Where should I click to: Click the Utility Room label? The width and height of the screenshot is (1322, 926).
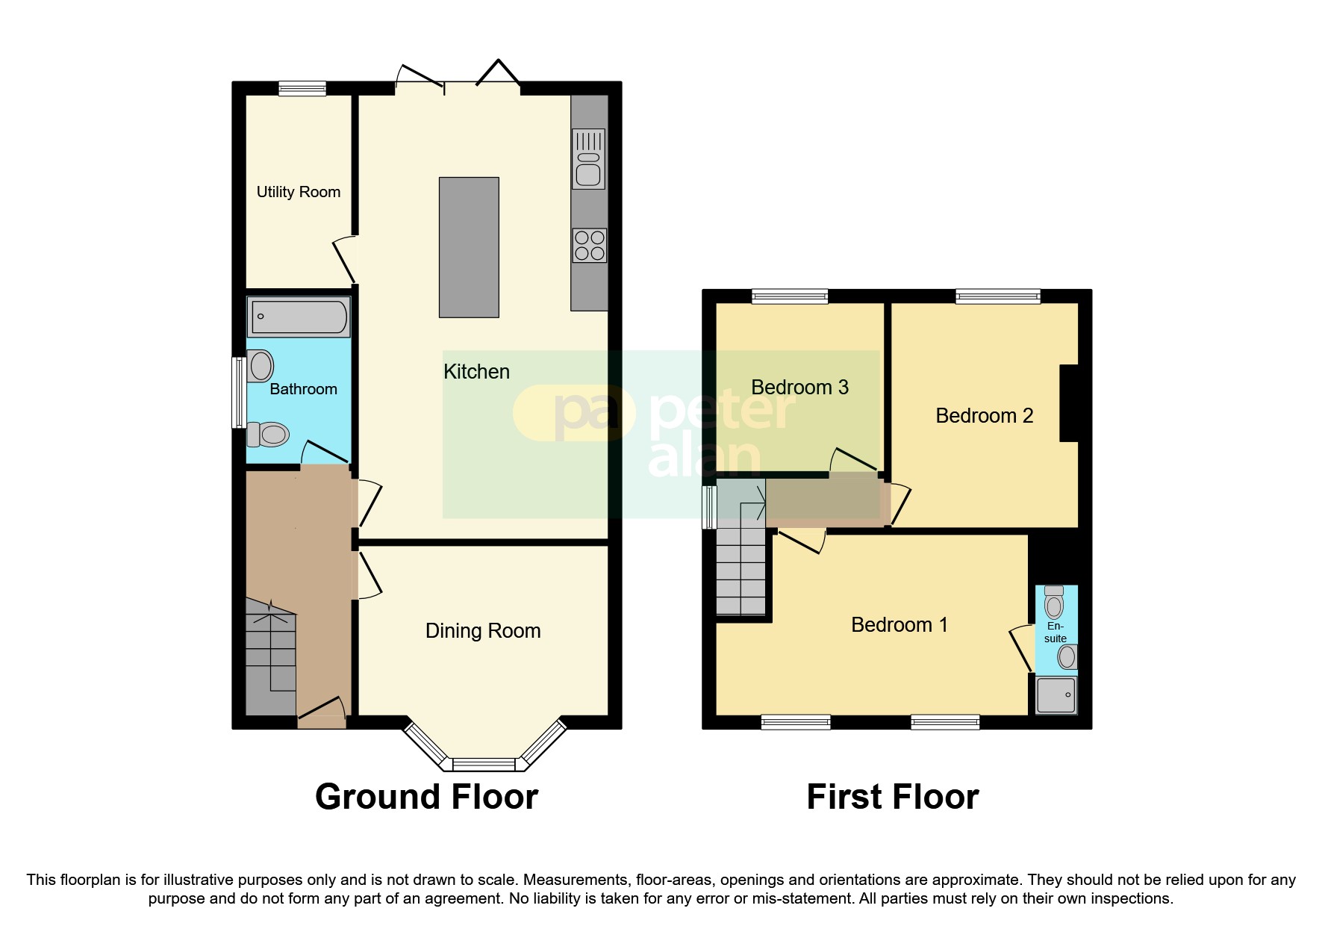[298, 192]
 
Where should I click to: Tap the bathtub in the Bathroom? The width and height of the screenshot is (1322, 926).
[299, 317]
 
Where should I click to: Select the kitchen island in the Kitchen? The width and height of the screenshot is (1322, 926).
[469, 247]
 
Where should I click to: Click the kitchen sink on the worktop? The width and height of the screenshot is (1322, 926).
[588, 159]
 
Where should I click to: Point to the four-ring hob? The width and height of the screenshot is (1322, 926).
[589, 246]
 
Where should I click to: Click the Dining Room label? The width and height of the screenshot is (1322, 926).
[483, 631]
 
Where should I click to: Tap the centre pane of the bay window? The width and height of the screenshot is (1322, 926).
[484, 764]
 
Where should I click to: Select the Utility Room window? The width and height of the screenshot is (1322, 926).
[302, 89]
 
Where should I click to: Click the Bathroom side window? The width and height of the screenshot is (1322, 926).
[238, 392]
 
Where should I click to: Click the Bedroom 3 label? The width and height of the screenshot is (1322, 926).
[799, 388]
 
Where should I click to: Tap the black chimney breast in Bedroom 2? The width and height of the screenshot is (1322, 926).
[1069, 403]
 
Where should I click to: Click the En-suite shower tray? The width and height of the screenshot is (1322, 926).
[1056, 695]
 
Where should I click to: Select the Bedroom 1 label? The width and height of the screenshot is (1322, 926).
[899, 625]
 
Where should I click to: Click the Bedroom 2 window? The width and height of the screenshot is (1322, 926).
[998, 296]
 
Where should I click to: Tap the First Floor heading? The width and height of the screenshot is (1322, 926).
[892, 797]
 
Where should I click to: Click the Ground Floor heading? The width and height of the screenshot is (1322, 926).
[426, 797]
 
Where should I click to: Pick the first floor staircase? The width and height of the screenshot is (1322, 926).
[741, 571]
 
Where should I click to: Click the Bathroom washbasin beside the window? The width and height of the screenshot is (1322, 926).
[261, 366]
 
